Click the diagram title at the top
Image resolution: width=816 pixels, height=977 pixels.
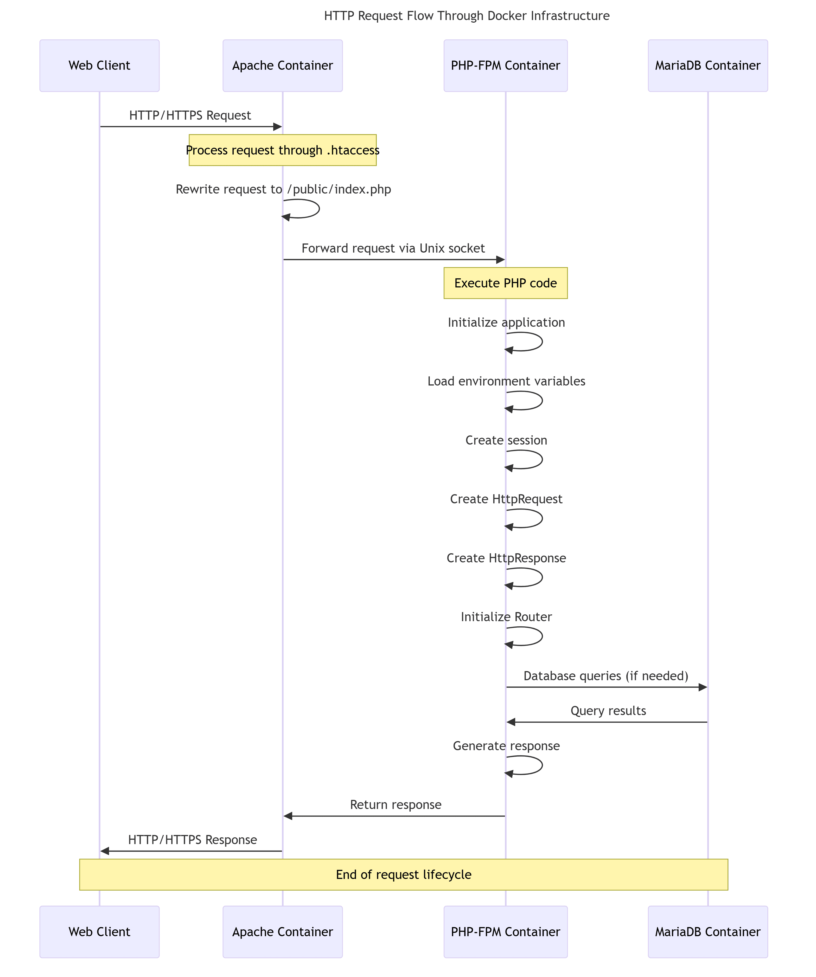pyautogui.click(x=467, y=16)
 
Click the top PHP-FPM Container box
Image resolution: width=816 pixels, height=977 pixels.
pyautogui.click(x=506, y=66)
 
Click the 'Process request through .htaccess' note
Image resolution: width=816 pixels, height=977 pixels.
pyautogui.click(x=283, y=150)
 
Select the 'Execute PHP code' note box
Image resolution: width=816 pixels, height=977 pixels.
pyautogui.click(x=506, y=283)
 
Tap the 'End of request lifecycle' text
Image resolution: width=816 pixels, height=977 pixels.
pyautogui.click(x=404, y=875)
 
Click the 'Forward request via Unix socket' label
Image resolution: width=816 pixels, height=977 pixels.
pyautogui.click(x=393, y=248)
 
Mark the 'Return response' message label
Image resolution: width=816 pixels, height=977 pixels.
pyautogui.click(x=396, y=805)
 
